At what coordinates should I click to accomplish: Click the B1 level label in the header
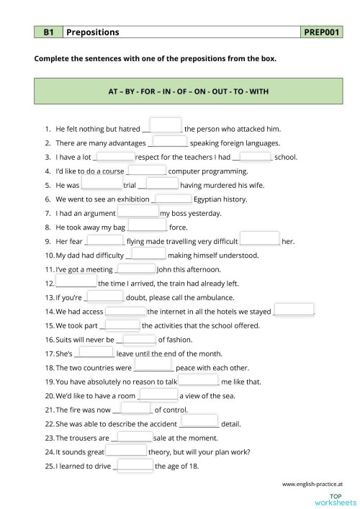click(x=49, y=32)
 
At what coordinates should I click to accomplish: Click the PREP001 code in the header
click(x=323, y=32)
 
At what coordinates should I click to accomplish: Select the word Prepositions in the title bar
click(x=93, y=32)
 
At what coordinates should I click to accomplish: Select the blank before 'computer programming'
click(x=146, y=170)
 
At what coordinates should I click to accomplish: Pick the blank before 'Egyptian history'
click(x=174, y=198)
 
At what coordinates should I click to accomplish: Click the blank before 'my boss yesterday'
click(x=138, y=212)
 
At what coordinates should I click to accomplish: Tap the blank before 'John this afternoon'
click(x=135, y=269)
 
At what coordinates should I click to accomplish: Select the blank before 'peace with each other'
click(x=153, y=366)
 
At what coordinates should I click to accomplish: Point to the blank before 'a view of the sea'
click(x=157, y=395)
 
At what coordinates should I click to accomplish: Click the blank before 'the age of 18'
click(x=134, y=465)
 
